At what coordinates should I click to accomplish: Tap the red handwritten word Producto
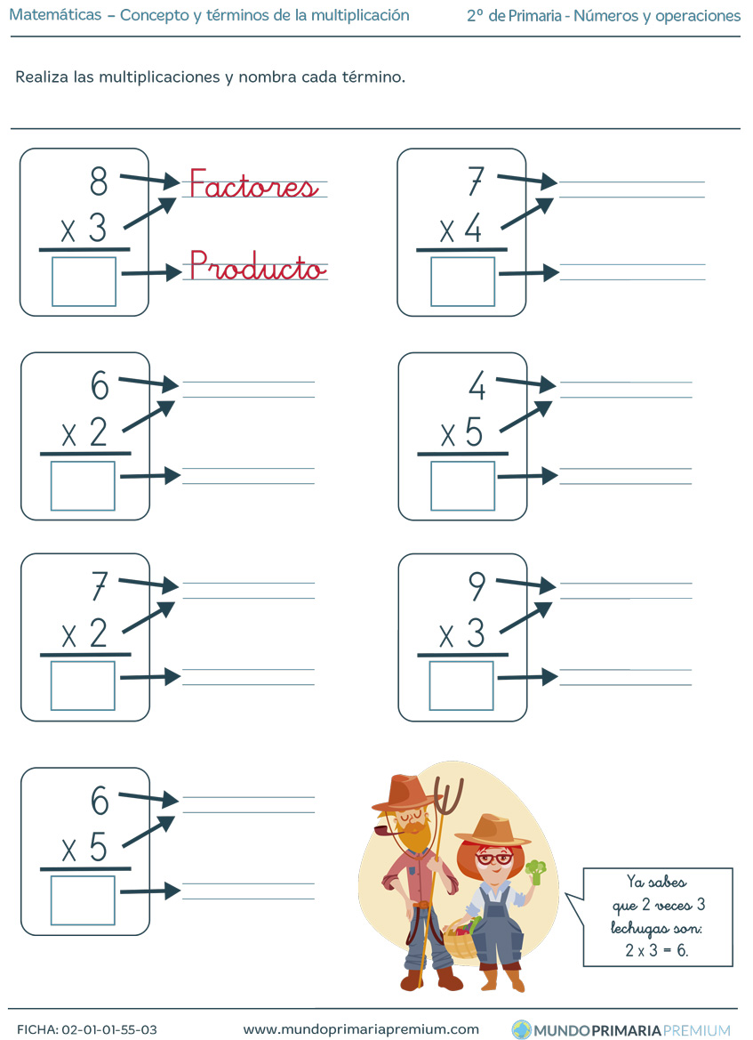257,265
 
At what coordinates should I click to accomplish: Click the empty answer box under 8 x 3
84,281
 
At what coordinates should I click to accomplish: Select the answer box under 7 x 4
462,281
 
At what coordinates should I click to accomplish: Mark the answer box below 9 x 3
461,686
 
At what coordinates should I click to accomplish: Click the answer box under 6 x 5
83,900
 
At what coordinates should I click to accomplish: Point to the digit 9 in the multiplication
477,586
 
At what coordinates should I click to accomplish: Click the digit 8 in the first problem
98,181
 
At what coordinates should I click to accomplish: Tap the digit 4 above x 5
477,385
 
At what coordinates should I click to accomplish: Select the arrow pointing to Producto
152,272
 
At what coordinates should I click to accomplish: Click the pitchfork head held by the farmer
450,796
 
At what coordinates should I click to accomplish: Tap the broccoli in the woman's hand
535,872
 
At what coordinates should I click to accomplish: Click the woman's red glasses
493,859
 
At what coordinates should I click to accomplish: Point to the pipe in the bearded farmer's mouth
387,830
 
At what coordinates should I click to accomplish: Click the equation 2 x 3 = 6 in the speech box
656,950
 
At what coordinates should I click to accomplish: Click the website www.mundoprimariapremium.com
361,1030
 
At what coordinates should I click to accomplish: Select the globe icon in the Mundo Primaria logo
522,1030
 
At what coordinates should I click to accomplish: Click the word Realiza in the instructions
43,77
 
